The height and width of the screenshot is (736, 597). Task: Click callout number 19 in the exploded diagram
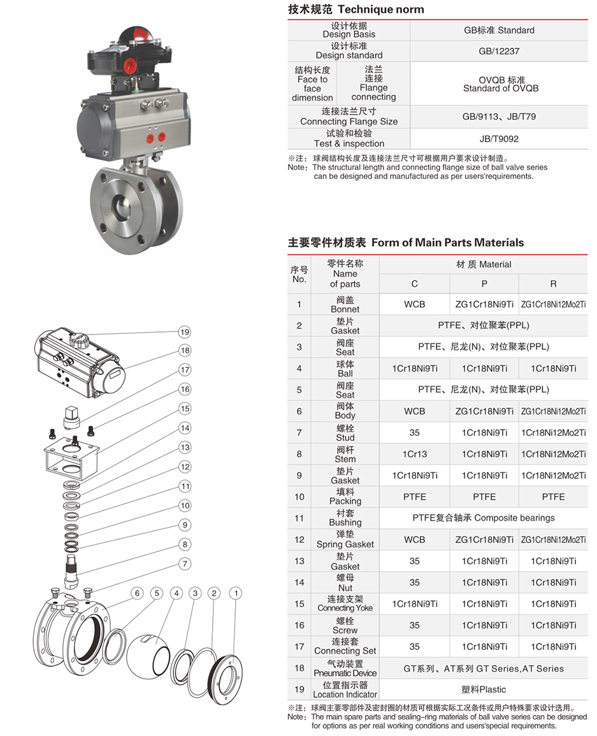coord(185,332)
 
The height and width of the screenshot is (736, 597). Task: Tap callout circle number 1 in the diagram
coord(236,593)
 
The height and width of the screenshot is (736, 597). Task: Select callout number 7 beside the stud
coord(185,563)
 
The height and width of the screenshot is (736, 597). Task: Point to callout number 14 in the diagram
coord(185,428)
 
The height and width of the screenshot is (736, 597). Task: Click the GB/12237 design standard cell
coord(499,51)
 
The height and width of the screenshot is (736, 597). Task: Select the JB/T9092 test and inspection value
coord(499,138)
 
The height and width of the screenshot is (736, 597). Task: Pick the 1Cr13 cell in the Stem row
coord(414,454)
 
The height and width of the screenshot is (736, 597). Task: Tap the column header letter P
coord(484,284)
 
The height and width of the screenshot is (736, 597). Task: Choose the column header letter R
coord(553,284)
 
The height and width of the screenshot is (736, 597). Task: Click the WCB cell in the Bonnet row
coord(414,305)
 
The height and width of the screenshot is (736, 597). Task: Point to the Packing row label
coord(345,496)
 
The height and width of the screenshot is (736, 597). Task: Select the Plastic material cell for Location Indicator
coord(484,689)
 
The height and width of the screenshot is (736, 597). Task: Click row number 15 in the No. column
coord(299,603)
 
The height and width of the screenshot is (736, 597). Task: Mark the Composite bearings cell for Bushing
coord(484,518)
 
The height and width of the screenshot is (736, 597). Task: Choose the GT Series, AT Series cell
coord(484,668)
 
